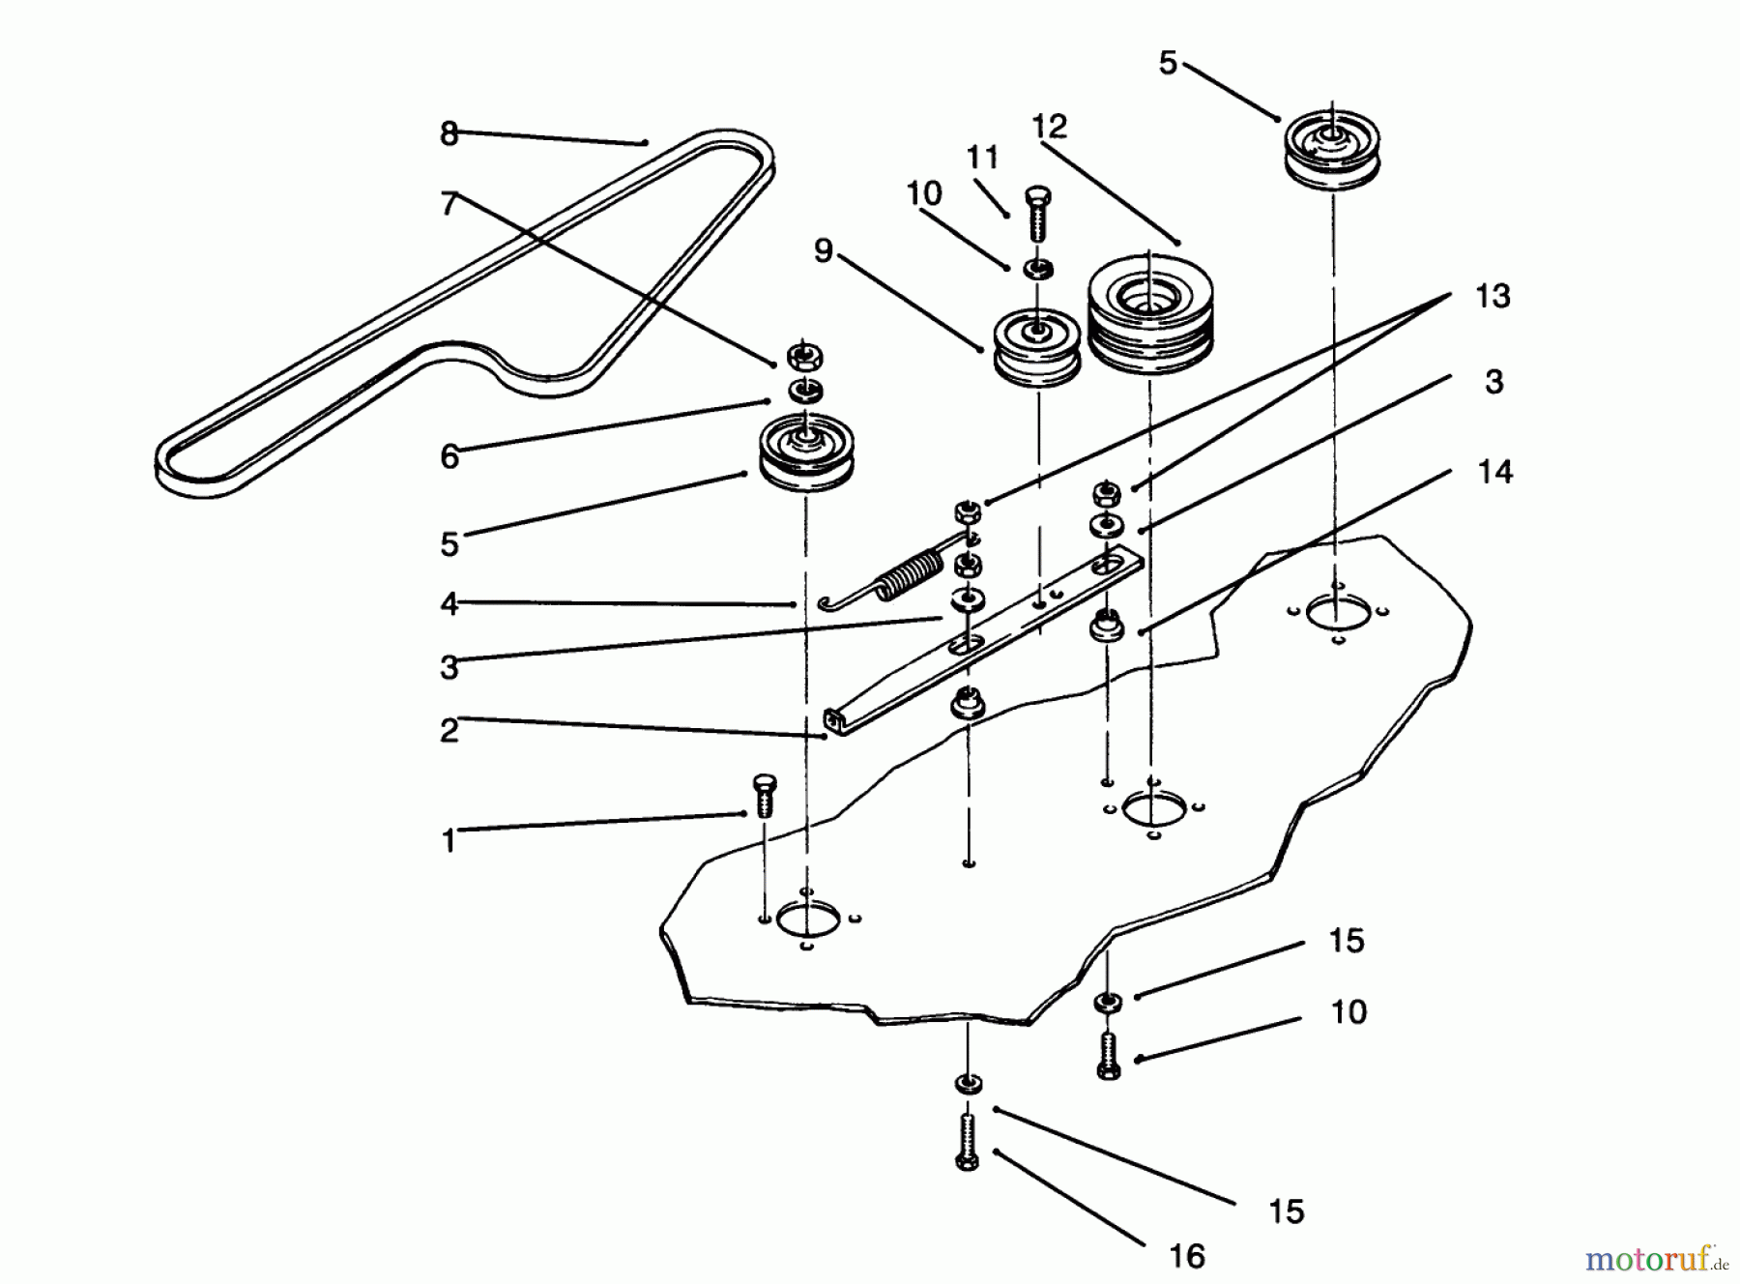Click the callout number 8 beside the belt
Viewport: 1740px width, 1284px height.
coord(449,133)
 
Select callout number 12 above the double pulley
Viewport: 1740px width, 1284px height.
coord(1049,127)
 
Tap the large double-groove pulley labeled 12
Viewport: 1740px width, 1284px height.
coord(1149,318)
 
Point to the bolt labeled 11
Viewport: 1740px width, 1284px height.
coord(1036,214)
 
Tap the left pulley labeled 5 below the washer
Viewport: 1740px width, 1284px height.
coord(804,454)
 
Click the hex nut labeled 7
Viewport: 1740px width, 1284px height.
coord(803,358)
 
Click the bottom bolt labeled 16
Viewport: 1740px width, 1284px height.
coord(968,1142)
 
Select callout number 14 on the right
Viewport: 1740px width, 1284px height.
coord(1494,472)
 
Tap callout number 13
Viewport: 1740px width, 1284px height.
coord(1492,296)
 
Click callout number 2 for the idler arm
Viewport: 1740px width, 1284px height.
coord(449,730)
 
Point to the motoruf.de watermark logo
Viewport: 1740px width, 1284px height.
coord(1656,1259)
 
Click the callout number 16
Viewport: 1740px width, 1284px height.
coord(1186,1255)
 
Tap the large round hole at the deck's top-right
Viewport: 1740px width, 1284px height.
coord(1336,612)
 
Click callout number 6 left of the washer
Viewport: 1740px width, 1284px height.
coord(449,456)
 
